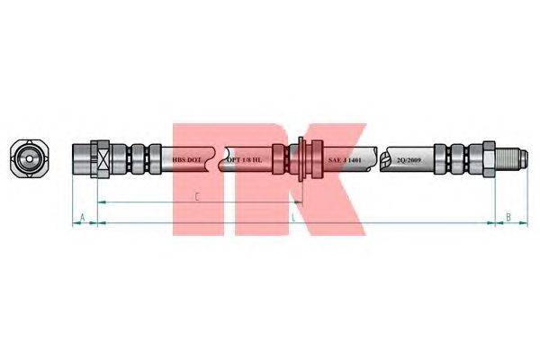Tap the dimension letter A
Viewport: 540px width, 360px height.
[83, 217]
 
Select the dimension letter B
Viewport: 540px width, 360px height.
[508, 217]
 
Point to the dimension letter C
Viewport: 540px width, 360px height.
[196, 196]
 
